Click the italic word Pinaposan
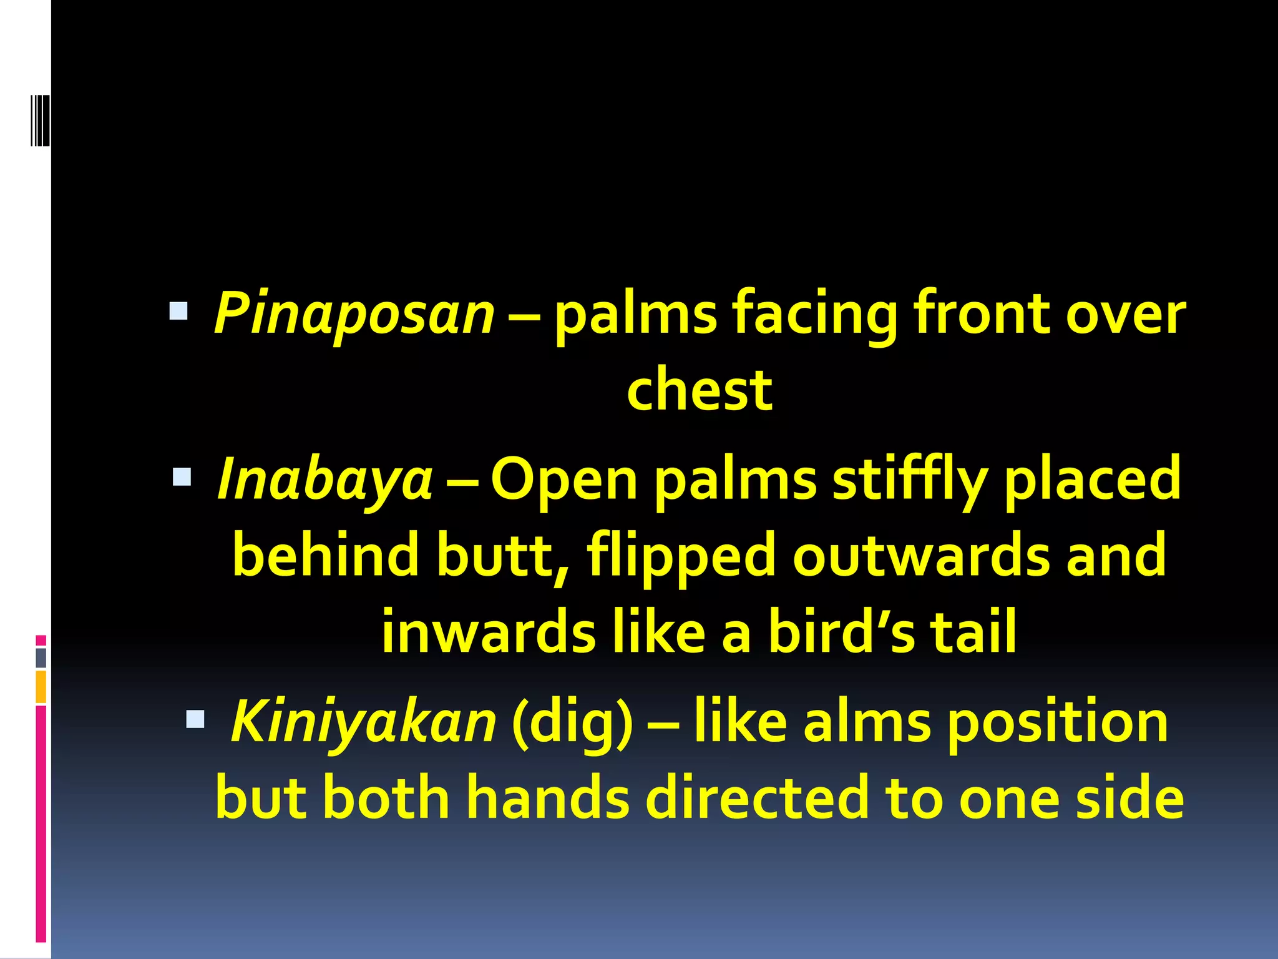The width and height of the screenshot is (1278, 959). (354, 313)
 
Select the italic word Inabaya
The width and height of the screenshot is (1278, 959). (324, 479)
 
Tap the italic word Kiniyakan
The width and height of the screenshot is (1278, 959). (363, 722)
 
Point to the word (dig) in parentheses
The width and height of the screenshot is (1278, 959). (572, 722)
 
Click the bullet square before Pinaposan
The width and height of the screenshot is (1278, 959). (178, 310)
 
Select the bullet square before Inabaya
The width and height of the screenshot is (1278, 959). (182, 477)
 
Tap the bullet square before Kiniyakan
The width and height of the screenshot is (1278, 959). (195, 719)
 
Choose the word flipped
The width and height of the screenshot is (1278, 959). (681, 556)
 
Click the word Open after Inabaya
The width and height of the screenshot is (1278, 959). (563, 479)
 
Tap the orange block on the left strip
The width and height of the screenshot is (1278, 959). (41, 687)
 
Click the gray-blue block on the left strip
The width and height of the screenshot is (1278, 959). (41, 657)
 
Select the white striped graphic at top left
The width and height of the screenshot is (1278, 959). (41, 120)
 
